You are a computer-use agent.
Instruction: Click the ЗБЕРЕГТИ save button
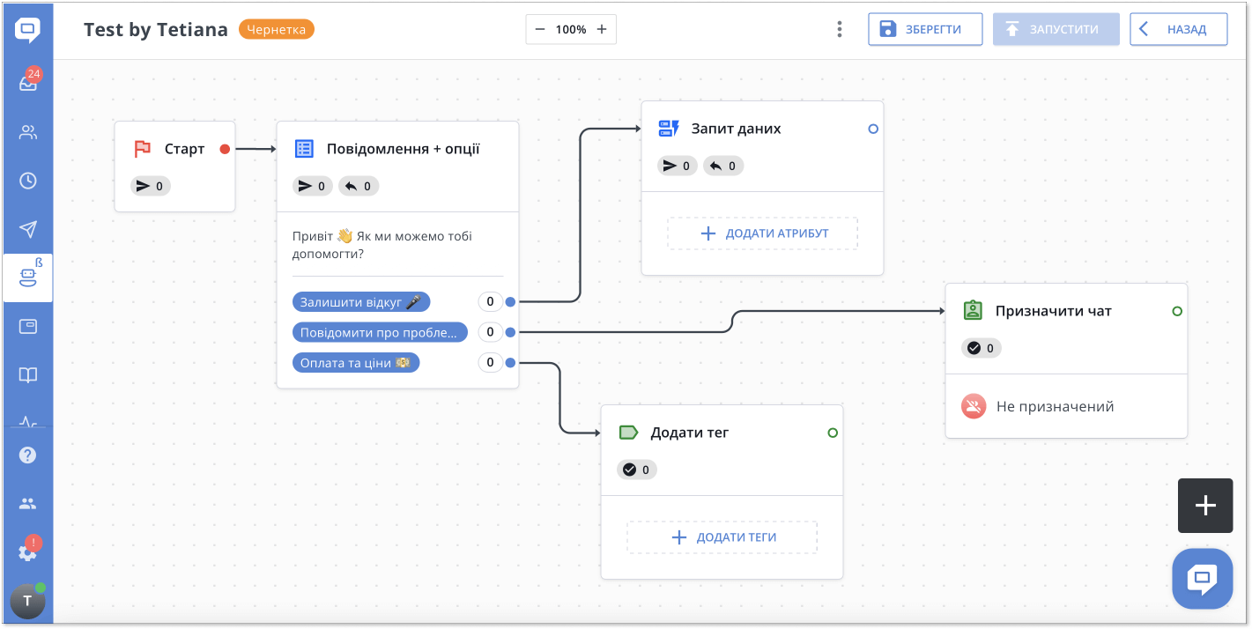925,29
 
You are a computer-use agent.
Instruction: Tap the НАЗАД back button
1178,29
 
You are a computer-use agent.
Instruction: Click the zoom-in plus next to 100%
602,29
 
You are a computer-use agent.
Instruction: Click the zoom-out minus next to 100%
540,29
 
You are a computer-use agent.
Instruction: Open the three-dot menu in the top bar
839,29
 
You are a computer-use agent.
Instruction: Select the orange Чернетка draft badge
276,30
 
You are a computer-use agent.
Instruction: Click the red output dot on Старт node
225,149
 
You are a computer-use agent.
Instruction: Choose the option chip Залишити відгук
361,302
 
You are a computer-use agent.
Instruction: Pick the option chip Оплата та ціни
355,363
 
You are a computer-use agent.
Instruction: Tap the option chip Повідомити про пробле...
380,332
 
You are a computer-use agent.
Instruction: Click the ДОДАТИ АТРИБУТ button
762,233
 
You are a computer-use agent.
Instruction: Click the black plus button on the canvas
1205,506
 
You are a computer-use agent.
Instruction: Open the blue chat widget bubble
1203,579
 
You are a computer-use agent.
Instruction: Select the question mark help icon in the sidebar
27,455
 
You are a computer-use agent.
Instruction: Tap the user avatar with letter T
27,601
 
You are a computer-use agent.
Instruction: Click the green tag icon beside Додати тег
628,433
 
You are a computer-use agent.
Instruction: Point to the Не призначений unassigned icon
973,406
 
